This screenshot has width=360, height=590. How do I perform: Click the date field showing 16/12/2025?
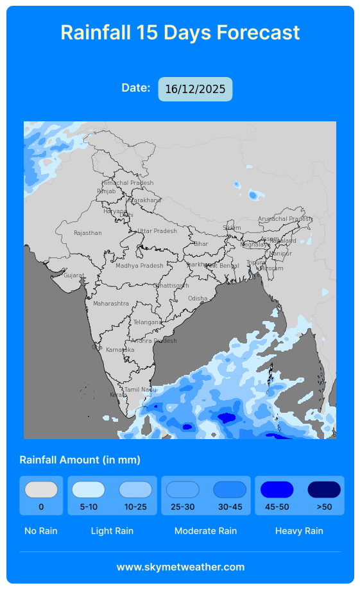195,89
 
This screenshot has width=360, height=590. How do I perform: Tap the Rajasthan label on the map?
87,233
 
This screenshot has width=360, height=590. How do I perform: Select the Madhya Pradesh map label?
139,266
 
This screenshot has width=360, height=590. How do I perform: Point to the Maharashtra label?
110,304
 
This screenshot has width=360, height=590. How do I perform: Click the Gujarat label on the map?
74,275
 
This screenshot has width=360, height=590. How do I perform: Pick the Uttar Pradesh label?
157,231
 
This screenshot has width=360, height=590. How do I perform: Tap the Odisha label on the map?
198,299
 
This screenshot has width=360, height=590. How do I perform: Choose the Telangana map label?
148,322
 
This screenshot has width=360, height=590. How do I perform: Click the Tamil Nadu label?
140,390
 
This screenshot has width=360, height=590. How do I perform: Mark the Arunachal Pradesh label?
284,219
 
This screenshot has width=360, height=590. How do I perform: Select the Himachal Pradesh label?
128,183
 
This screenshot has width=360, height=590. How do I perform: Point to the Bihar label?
201,244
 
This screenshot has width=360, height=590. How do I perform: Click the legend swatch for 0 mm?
41,490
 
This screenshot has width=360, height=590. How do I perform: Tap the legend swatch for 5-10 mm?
89,490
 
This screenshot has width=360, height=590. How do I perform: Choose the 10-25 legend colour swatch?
135,490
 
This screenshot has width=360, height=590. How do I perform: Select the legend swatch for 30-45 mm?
230,490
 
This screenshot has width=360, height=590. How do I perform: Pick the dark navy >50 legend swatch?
324,490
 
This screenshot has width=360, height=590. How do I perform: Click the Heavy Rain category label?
299,531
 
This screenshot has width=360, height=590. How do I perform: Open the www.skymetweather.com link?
180,567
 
